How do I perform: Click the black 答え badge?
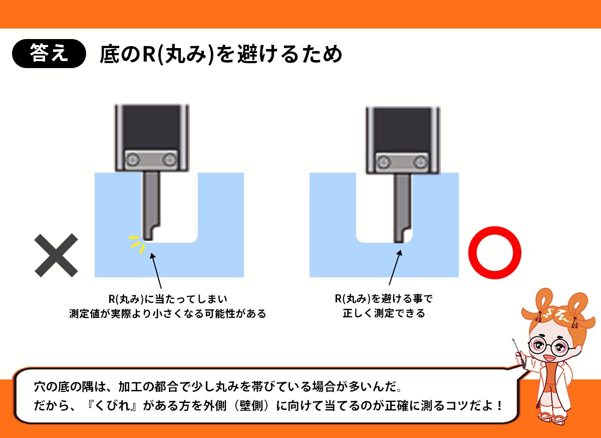[48, 54]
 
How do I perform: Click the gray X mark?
[56, 255]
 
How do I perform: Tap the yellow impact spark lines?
[136, 243]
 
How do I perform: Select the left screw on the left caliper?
[133, 160]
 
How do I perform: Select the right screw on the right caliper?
[421, 161]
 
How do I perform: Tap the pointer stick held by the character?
[519, 352]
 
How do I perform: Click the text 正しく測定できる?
[384, 314]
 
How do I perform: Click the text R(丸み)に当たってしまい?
[168, 299]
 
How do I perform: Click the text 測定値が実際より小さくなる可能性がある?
[167, 314]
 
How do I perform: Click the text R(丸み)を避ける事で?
[384, 299]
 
